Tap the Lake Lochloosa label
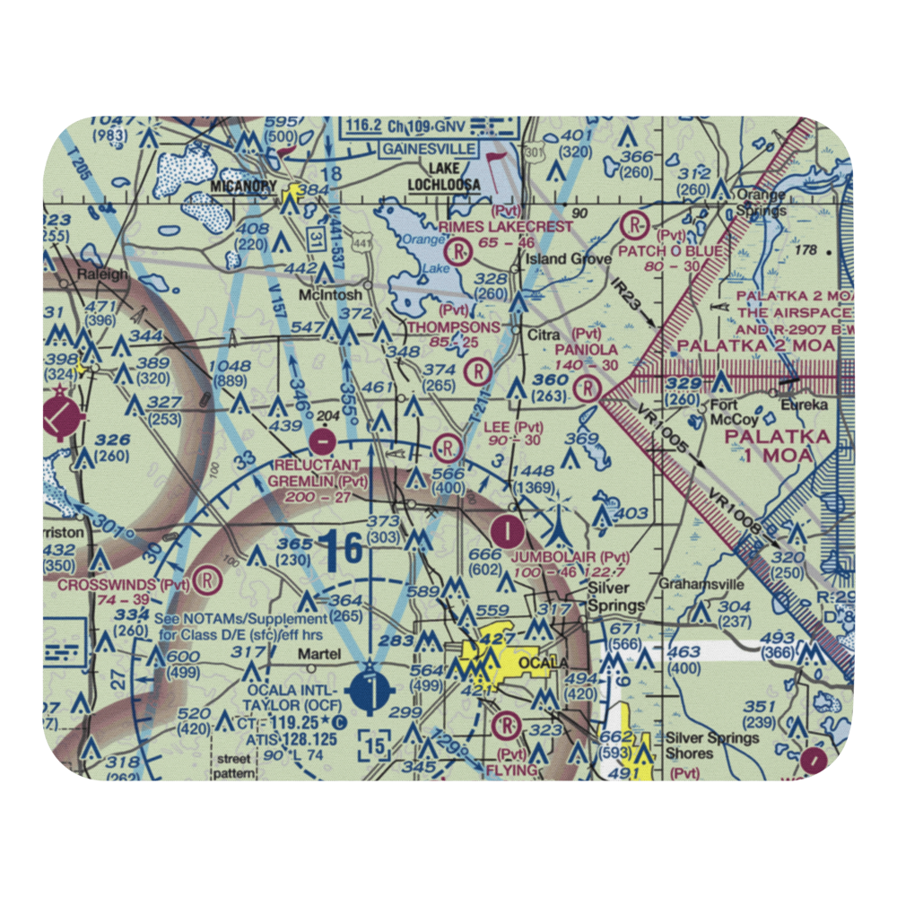point(443,178)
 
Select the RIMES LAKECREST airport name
point(505,227)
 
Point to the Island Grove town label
point(570,259)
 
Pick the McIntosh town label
point(331,294)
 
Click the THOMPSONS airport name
point(453,328)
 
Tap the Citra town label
point(544,335)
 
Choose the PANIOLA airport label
point(586,350)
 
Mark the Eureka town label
point(807,405)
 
